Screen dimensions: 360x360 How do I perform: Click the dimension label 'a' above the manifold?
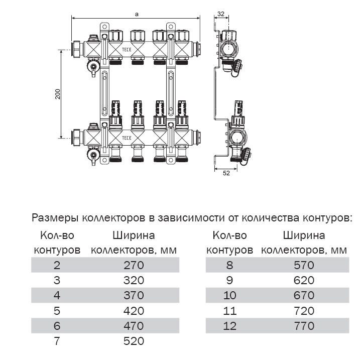pos(137,14)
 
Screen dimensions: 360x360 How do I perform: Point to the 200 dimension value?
pos(58,94)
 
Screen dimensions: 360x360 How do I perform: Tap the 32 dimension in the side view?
pos(221,14)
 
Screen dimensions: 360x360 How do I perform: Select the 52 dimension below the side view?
pos(226,173)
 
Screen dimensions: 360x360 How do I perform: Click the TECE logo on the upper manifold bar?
pos(127,50)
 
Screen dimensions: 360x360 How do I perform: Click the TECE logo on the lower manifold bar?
pos(127,138)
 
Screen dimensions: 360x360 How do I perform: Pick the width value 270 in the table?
pos(134,265)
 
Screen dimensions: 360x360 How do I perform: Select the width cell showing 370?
pos(134,295)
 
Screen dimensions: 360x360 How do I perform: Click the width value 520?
pos(134,341)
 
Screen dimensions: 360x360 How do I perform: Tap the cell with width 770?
pos(304,326)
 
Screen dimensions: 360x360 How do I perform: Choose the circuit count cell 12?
pos(230,326)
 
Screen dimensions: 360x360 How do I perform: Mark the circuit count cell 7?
pos(57,341)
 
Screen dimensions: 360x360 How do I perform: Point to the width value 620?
pos(304,280)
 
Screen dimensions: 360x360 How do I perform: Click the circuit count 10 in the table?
pos(230,295)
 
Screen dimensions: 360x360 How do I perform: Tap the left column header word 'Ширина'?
pos(134,235)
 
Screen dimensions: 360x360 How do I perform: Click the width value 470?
pos(134,326)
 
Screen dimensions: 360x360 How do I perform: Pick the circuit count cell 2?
pos(57,265)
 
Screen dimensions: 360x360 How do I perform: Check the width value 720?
pos(304,311)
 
